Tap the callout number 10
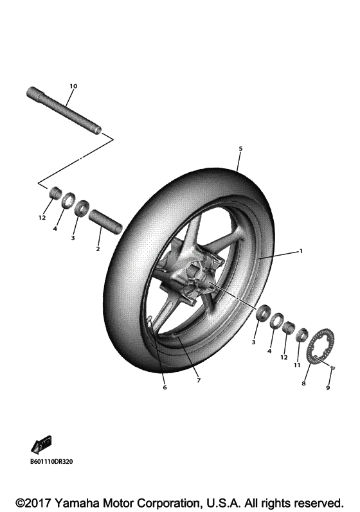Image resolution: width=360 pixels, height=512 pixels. (73, 85)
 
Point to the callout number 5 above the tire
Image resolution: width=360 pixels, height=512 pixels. (240, 149)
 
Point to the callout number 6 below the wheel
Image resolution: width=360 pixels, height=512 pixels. (164, 387)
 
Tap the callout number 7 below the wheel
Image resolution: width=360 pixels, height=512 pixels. (199, 380)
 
